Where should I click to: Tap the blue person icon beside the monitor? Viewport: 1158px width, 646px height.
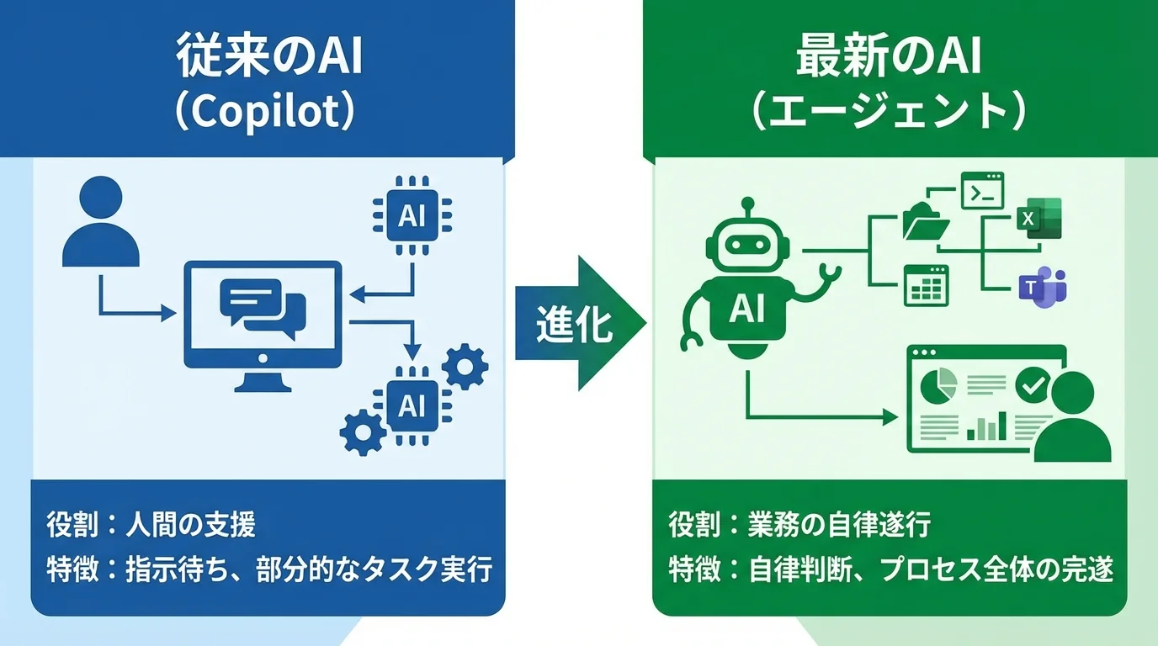(x=101, y=221)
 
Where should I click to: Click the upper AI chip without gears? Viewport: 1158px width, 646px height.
(x=412, y=216)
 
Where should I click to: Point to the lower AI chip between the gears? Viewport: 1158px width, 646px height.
(x=412, y=405)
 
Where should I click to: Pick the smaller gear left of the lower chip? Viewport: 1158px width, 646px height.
(x=363, y=432)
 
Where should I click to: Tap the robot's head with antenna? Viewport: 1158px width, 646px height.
(x=746, y=242)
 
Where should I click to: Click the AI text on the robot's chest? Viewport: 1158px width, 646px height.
(x=746, y=310)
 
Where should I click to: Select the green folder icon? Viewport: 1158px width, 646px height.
(x=926, y=221)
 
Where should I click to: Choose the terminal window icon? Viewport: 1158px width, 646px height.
(x=982, y=191)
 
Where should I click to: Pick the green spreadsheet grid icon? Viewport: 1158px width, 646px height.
(x=926, y=285)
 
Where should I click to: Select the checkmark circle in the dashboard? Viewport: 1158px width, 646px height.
(x=1030, y=385)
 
